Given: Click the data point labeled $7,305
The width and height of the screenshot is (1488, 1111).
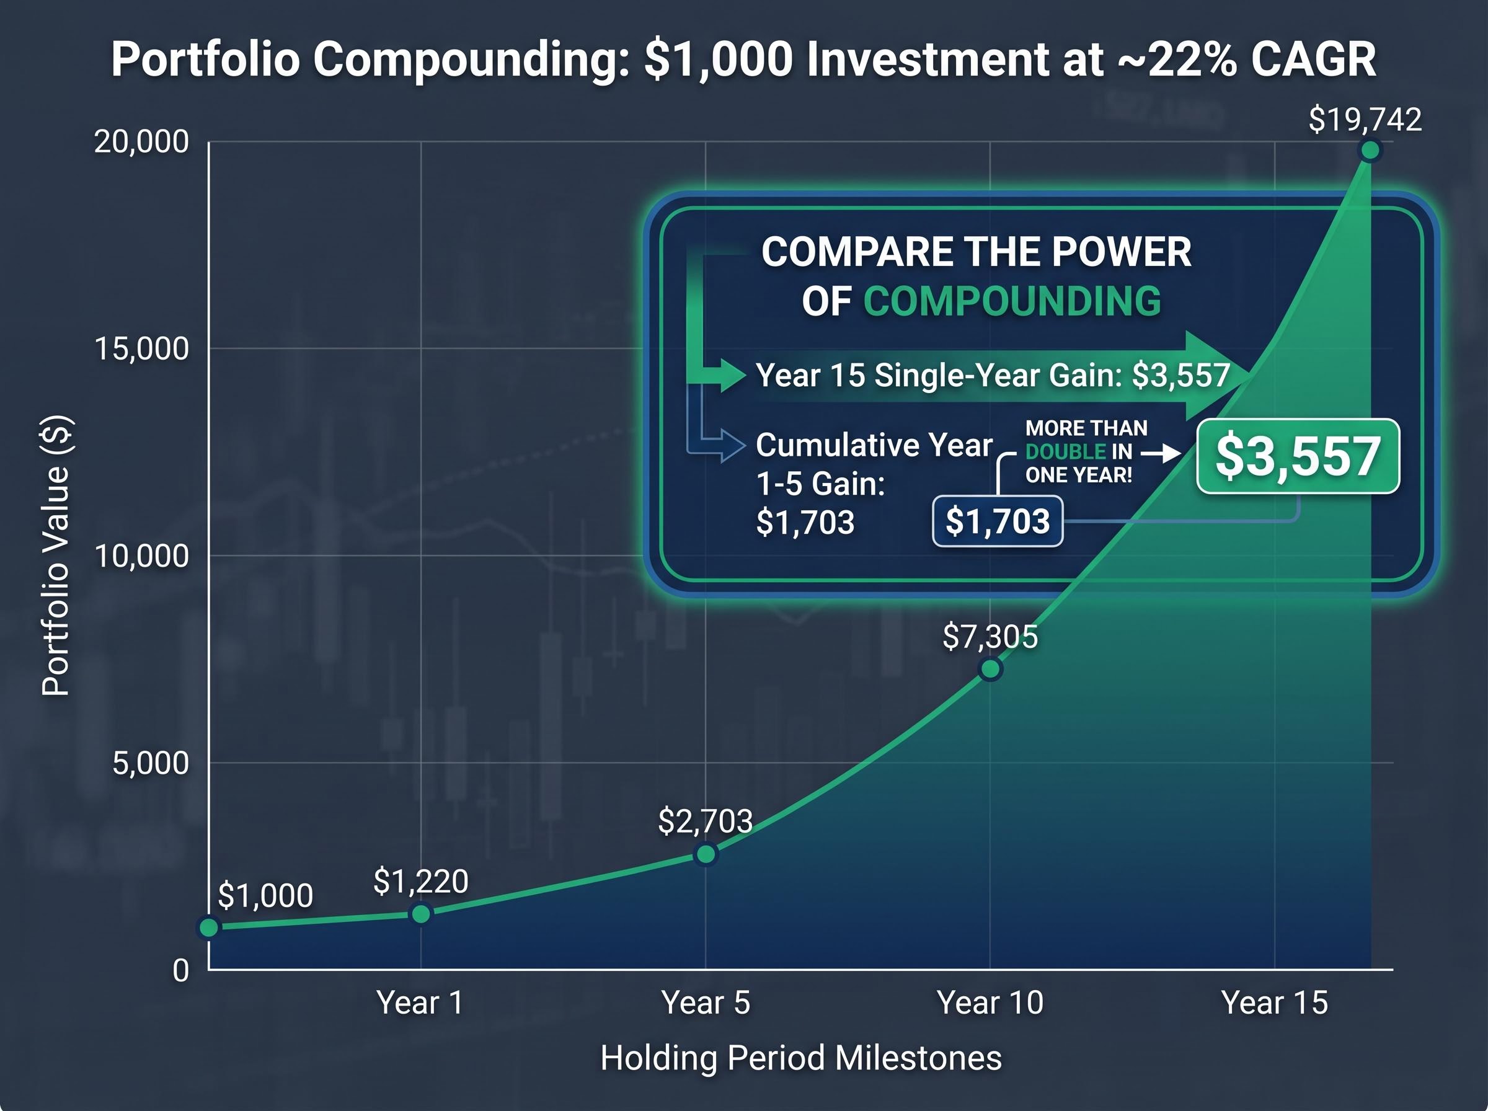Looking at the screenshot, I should pos(990,669).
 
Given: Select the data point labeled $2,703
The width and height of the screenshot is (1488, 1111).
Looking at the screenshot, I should pos(706,854).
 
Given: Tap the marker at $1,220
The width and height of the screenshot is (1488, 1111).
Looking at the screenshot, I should pos(421,914).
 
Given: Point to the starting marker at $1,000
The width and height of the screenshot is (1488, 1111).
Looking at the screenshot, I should pos(209,928).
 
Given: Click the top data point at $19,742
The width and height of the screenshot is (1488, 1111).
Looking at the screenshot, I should pos(1370,151).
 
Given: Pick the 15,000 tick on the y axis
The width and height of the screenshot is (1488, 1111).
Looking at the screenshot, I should pos(141,349).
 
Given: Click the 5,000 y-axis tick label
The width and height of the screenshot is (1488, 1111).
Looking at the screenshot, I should pos(150,763).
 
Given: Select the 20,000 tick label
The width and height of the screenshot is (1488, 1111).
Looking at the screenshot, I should pos(141,142).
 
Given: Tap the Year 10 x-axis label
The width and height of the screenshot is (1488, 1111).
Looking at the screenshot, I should pos(990,1003).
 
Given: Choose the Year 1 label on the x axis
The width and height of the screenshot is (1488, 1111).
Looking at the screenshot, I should pos(420,1003).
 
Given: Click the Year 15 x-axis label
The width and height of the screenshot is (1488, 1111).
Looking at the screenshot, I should pos(1274,1003).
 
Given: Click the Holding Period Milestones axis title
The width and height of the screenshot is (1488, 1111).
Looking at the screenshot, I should pos(801,1058).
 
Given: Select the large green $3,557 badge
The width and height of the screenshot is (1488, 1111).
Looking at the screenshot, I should pos(1298,457).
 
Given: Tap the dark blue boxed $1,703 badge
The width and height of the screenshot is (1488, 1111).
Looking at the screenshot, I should pos(997,521).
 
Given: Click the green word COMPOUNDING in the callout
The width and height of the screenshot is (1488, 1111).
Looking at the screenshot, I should pos(1012,301).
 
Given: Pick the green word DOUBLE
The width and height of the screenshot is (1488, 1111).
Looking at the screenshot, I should pos(1065,452).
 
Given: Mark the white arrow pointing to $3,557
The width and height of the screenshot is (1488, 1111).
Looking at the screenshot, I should pos(1161,454).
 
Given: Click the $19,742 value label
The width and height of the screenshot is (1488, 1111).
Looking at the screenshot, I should pos(1365,120).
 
